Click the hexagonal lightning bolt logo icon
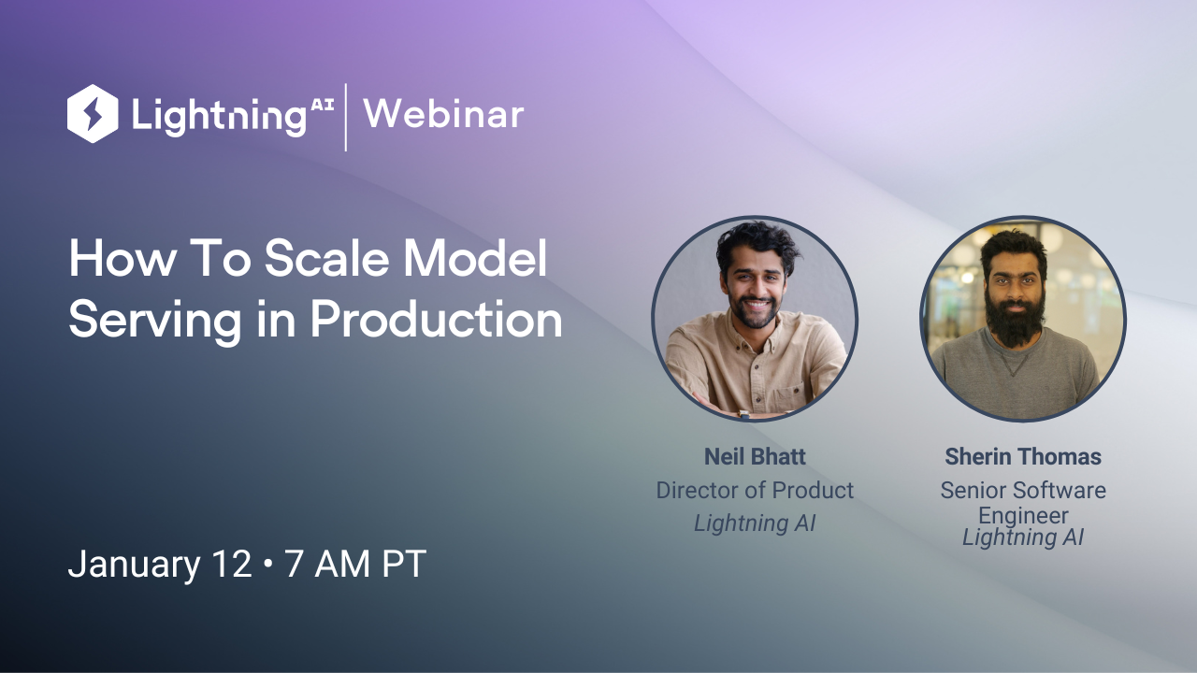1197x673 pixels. tap(93, 114)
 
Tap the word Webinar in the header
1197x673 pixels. tap(443, 115)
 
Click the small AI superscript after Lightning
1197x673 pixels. tap(321, 107)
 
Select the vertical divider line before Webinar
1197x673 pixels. tap(346, 117)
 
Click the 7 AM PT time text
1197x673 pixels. tap(355, 565)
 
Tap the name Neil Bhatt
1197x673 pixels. tap(755, 457)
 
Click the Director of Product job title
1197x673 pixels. tap(755, 490)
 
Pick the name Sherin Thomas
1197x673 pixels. tap(1023, 457)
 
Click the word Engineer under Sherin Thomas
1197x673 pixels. tap(1023, 515)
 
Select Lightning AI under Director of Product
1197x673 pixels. tap(755, 523)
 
